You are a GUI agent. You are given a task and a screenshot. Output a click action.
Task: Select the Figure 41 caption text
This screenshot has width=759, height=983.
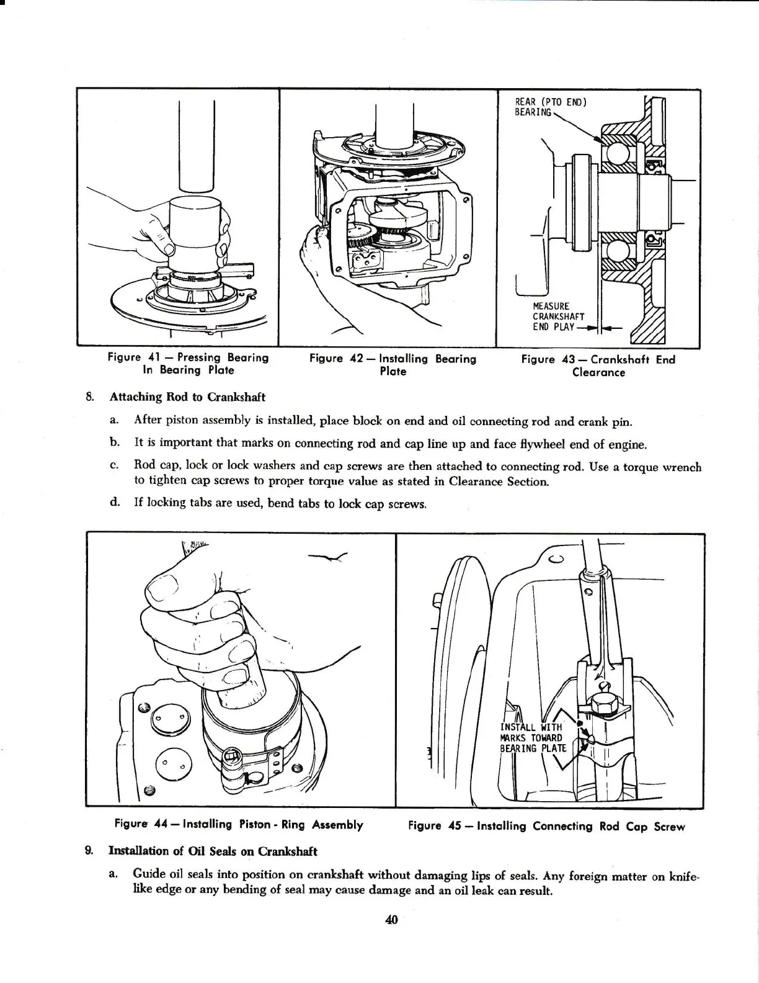tap(188, 364)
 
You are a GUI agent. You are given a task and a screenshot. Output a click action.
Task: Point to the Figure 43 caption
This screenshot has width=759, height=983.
tap(598, 366)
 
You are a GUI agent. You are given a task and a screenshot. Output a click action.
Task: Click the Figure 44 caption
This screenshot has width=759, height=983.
tap(239, 825)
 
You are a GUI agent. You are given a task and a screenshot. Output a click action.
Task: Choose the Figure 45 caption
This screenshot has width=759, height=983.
tap(546, 826)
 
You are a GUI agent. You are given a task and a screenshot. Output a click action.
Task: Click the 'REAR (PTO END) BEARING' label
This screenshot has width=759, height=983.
tap(550, 107)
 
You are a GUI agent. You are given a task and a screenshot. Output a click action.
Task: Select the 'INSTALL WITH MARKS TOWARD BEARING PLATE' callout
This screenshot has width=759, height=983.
tap(533, 737)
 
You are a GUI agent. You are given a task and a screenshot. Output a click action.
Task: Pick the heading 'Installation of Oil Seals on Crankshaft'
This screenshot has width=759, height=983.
tap(213, 851)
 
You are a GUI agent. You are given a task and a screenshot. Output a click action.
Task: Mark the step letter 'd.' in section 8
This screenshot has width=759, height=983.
tap(114, 502)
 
